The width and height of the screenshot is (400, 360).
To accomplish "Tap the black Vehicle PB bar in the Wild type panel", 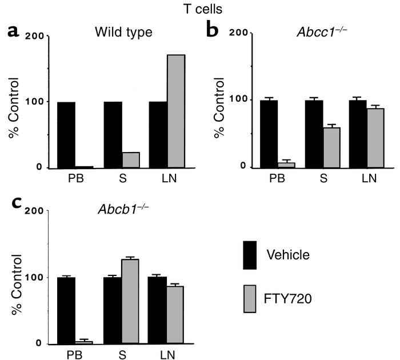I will (66, 135).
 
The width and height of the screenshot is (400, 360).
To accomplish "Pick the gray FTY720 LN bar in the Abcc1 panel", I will (375, 138).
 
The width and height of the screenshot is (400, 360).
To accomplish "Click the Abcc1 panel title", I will (322, 33).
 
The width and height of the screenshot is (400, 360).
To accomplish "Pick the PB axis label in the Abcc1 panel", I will (273, 178).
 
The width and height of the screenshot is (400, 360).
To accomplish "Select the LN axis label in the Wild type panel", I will (168, 179).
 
